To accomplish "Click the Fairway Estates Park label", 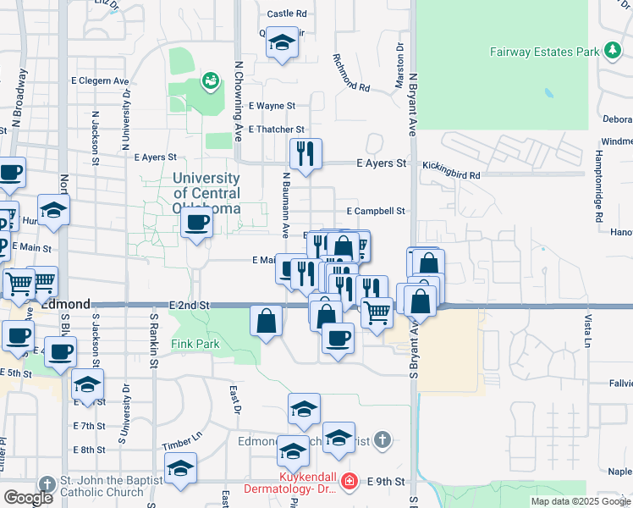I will (544, 52).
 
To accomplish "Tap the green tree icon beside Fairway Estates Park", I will (612, 51).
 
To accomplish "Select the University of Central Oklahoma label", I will (206, 193).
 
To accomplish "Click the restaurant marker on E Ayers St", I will (304, 153).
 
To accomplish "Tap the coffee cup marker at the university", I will (196, 224).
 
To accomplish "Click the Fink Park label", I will (195, 345).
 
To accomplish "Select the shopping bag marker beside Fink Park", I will (267, 321).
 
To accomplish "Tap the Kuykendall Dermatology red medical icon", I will (349, 482).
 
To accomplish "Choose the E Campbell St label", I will (376, 211).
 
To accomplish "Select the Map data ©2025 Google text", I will (580, 501).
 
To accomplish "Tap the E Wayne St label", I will (272, 106).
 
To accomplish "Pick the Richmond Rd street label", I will (351, 74).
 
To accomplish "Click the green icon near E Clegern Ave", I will (208, 81).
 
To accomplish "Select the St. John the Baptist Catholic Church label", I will (105, 486).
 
